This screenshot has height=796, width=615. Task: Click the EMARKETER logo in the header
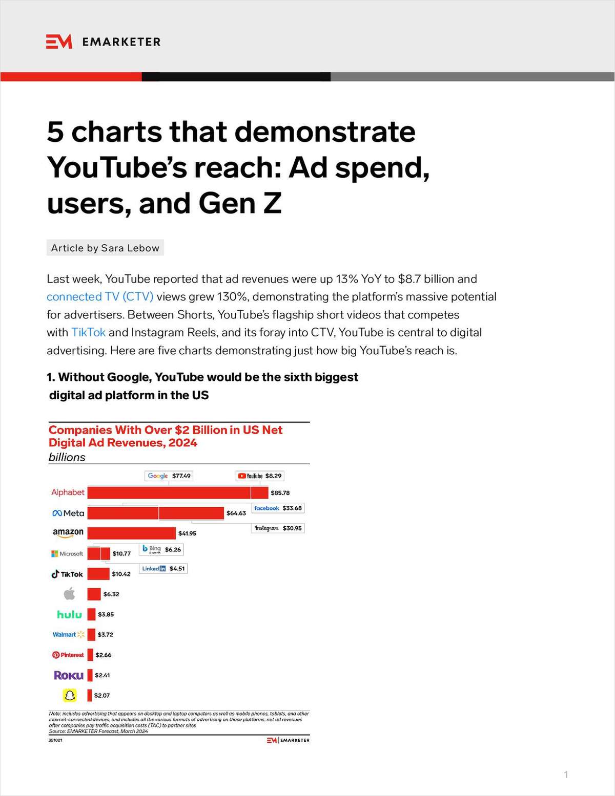pyautogui.click(x=103, y=41)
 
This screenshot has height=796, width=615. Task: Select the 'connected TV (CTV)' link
pyautogui.click(x=100, y=297)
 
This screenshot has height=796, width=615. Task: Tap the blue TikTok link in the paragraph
pyautogui.click(x=88, y=333)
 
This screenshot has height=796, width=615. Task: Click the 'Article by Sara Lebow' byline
pyautogui.click(x=105, y=248)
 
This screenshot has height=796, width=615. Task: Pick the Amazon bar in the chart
pyautogui.click(x=131, y=533)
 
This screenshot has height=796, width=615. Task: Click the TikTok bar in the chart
pyautogui.click(x=98, y=574)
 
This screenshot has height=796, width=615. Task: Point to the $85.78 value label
pyautogui.click(x=280, y=493)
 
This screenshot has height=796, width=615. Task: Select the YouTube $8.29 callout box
pyautogui.click(x=259, y=476)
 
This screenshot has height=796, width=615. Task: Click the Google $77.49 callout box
pyautogui.click(x=169, y=476)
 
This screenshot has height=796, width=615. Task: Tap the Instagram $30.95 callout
pyautogui.click(x=278, y=528)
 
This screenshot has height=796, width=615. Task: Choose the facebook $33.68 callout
pyautogui.click(x=278, y=508)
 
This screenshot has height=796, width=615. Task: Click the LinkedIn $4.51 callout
pyautogui.click(x=163, y=568)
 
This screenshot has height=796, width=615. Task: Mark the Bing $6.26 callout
pyautogui.click(x=161, y=549)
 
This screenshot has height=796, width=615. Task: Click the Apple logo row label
pyautogui.click(x=69, y=594)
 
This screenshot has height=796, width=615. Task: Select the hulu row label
pyautogui.click(x=69, y=614)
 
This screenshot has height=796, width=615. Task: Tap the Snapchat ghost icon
pyautogui.click(x=69, y=695)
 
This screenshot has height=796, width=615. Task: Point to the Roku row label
pyautogui.click(x=69, y=675)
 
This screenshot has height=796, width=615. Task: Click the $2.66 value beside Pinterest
pyautogui.click(x=103, y=655)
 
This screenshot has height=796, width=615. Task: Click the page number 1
pyautogui.click(x=566, y=775)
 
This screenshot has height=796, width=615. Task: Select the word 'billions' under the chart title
pyautogui.click(x=67, y=457)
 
